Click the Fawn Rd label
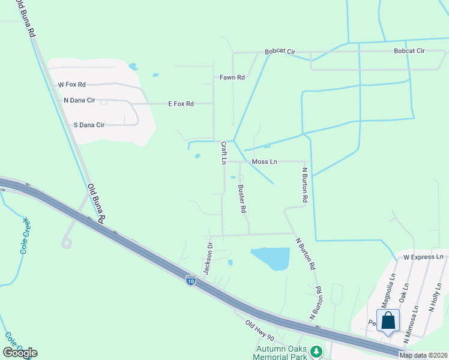232,77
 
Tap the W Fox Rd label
71,85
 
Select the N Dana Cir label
79,100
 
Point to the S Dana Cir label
88,125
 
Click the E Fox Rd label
181,104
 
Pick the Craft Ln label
223,152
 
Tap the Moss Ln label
264,161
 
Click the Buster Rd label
242,199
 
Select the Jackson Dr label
208,259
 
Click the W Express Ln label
423,257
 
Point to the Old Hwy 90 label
259,328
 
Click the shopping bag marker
388,320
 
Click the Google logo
20,353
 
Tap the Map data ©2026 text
423,355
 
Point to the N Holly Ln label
435,297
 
